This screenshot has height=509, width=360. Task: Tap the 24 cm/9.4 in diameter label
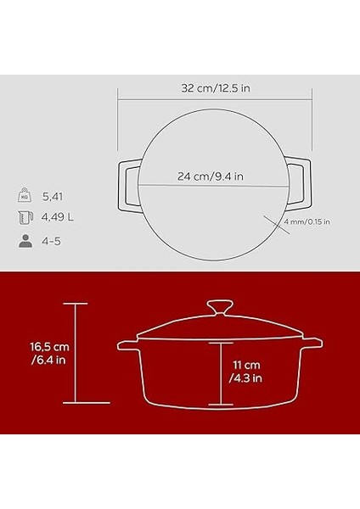coord(210,177)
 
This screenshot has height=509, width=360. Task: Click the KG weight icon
coord(24,195)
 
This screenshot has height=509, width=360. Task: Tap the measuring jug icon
coord(24,217)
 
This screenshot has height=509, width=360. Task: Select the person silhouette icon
coord(24,240)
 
